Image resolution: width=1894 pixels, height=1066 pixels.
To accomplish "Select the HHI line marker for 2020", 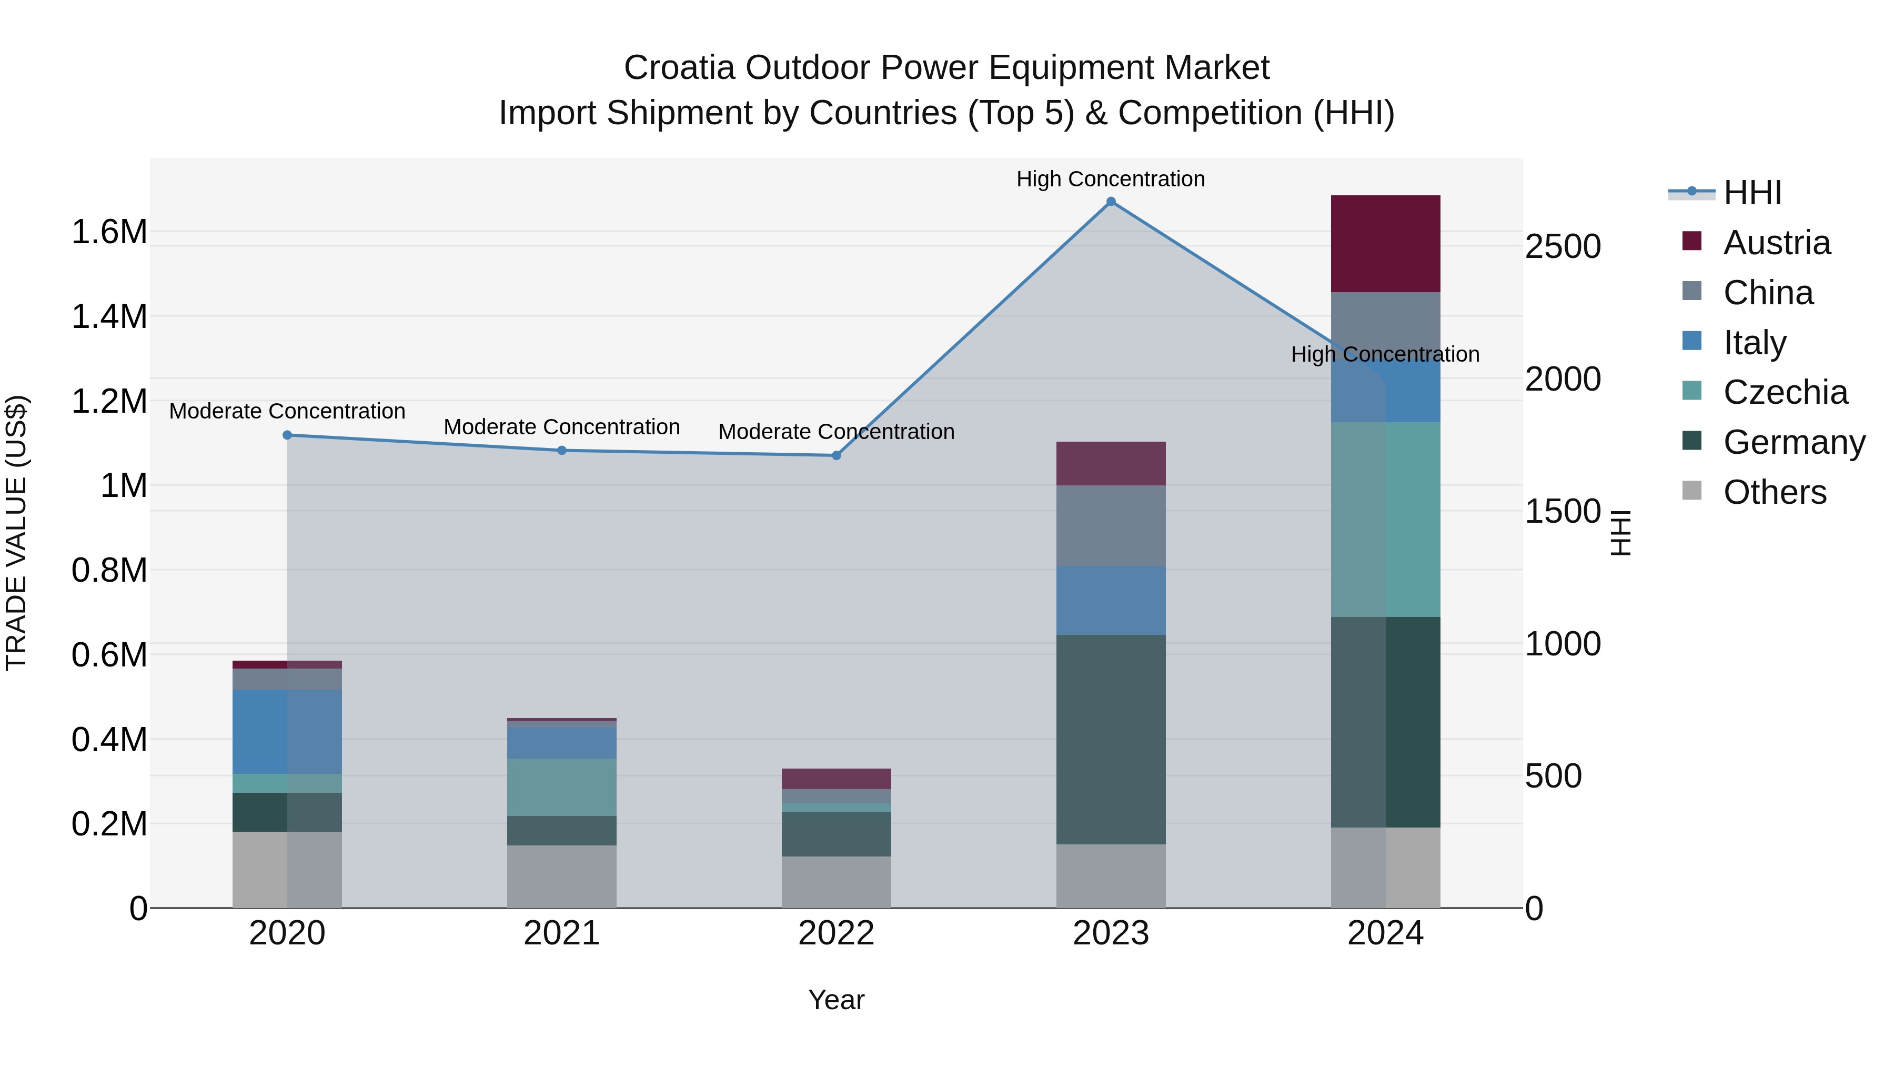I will click(x=287, y=435).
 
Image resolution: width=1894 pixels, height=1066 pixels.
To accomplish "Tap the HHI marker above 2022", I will click(x=836, y=455).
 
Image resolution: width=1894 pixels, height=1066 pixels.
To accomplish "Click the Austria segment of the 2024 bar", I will click(x=1385, y=244).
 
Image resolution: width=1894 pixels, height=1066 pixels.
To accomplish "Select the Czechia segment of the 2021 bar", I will click(x=562, y=786).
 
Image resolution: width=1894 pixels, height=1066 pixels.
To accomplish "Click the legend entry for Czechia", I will click(x=1785, y=392).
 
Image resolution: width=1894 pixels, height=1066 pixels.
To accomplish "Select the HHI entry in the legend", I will click(x=1751, y=193).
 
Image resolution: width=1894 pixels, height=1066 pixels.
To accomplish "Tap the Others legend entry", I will click(x=1774, y=492).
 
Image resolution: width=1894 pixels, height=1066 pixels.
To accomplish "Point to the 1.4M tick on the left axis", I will click(x=109, y=317).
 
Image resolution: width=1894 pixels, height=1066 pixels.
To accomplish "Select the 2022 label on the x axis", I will click(x=836, y=933).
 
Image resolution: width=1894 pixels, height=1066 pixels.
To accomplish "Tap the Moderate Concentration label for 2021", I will click(x=562, y=427).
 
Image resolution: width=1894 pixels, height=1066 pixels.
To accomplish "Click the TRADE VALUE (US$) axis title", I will click(x=16, y=533).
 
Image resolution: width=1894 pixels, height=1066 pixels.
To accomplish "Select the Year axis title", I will click(x=836, y=1000).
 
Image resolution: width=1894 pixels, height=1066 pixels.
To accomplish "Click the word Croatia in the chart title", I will click(x=679, y=68).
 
